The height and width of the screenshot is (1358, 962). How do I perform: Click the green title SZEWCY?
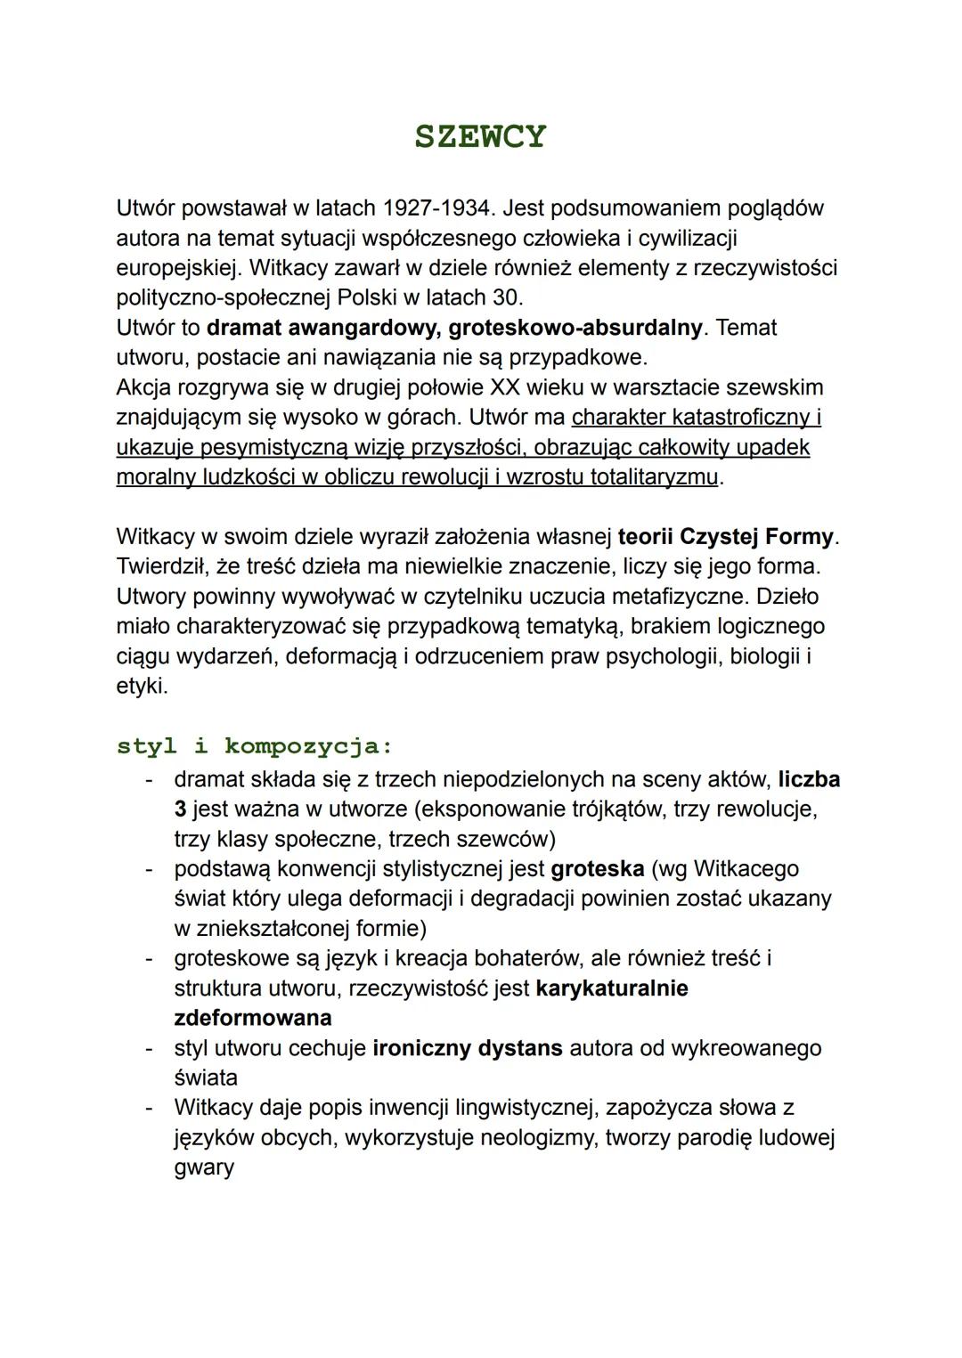[x=480, y=136]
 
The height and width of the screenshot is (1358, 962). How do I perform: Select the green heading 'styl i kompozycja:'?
[x=255, y=746]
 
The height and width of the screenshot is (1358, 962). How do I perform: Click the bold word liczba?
[x=809, y=780]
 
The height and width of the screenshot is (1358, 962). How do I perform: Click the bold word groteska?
[x=597, y=869]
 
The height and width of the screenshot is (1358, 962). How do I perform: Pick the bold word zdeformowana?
[x=252, y=1018]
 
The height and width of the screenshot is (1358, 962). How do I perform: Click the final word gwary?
[x=203, y=1167]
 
